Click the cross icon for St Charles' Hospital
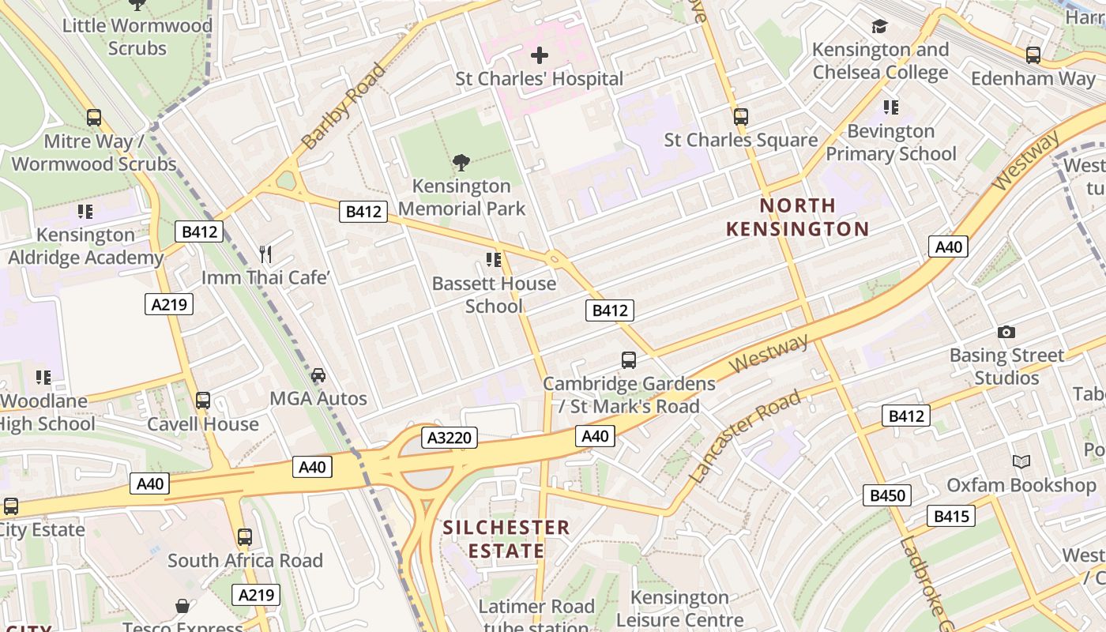click(540, 55)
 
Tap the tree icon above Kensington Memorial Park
click(461, 163)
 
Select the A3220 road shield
click(450, 438)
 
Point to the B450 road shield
click(886, 495)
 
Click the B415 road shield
click(950, 516)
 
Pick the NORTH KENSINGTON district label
click(797, 217)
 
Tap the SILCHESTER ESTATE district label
click(506, 539)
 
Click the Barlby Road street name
click(344, 106)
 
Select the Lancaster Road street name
click(745, 437)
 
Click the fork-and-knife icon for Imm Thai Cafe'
click(265, 254)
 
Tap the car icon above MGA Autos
click(318, 374)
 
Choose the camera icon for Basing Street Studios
click(1006, 332)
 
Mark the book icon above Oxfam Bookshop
click(1021, 461)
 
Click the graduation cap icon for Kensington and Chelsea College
click(880, 27)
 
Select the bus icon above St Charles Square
click(740, 117)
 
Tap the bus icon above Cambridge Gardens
click(629, 360)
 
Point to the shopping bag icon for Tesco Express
click(182, 606)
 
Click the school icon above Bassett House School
click(494, 260)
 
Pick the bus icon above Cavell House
click(203, 401)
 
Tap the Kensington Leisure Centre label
click(679, 608)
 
